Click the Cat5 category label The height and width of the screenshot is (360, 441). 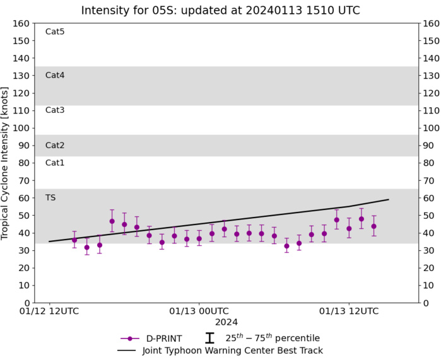(55, 32)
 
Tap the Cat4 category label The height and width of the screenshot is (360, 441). (55, 75)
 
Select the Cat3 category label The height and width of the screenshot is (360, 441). (55, 110)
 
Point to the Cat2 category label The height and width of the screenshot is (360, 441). (55, 145)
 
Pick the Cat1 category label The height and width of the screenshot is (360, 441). (55, 163)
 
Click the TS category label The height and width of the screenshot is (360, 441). (50, 197)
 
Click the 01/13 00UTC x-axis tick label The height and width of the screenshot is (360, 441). (200, 311)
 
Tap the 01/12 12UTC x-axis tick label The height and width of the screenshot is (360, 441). (50, 311)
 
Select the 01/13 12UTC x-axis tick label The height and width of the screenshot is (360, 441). (350, 311)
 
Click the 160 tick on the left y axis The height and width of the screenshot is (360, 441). (21, 23)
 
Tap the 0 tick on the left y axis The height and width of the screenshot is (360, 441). (26, 303)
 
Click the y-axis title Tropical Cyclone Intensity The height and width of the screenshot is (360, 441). (6, 163)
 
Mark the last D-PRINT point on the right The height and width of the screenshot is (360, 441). (374, 226)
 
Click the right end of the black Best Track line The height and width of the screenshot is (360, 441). (388, 199)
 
